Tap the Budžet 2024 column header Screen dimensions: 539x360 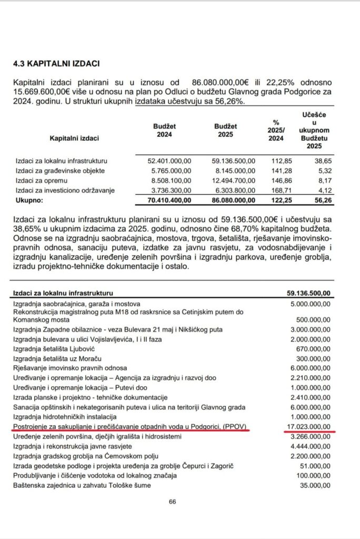[165, 131]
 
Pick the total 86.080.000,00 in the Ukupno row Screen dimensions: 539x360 [233, 201]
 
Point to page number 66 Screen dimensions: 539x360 [172, 502]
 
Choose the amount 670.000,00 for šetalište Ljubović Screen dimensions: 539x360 [314, 348]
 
